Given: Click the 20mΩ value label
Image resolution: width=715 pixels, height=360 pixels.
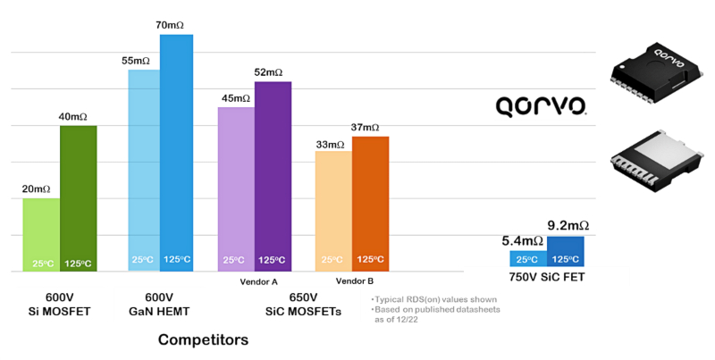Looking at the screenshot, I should click(36, 188).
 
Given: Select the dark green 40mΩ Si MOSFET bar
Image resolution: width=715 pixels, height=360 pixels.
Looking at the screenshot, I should click(78, 197).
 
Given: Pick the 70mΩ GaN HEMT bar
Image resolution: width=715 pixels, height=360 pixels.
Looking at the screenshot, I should click(176, 152).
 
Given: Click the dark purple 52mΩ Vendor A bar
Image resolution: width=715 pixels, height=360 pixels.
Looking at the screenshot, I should click(273, 175).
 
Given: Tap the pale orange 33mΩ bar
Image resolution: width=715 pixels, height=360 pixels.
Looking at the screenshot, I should click(333, 210).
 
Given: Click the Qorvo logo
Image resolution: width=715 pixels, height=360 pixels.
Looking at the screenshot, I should click(541, 107).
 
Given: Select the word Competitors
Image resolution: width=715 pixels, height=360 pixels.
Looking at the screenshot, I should click(203, 339).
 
